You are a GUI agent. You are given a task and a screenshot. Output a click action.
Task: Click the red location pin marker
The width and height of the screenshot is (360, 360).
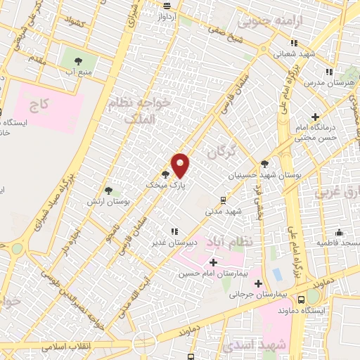click(181, 166)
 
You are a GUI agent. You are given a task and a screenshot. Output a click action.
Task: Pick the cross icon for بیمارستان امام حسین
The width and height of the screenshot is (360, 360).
click(213, 262)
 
